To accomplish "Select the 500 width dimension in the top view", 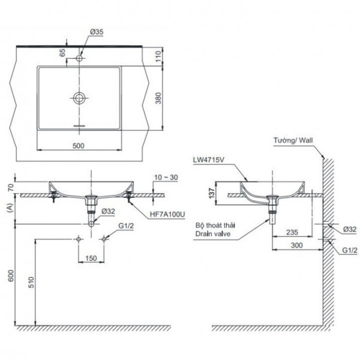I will click(x=79, y=146).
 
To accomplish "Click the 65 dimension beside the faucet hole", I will click(x=62, y=52).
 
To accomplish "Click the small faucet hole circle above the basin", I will click(x=80, y=59).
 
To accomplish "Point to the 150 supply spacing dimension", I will click(x=91, y=258).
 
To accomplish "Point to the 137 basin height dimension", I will click(x=220, y=193).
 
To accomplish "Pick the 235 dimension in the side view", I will click(x=292, y=232).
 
